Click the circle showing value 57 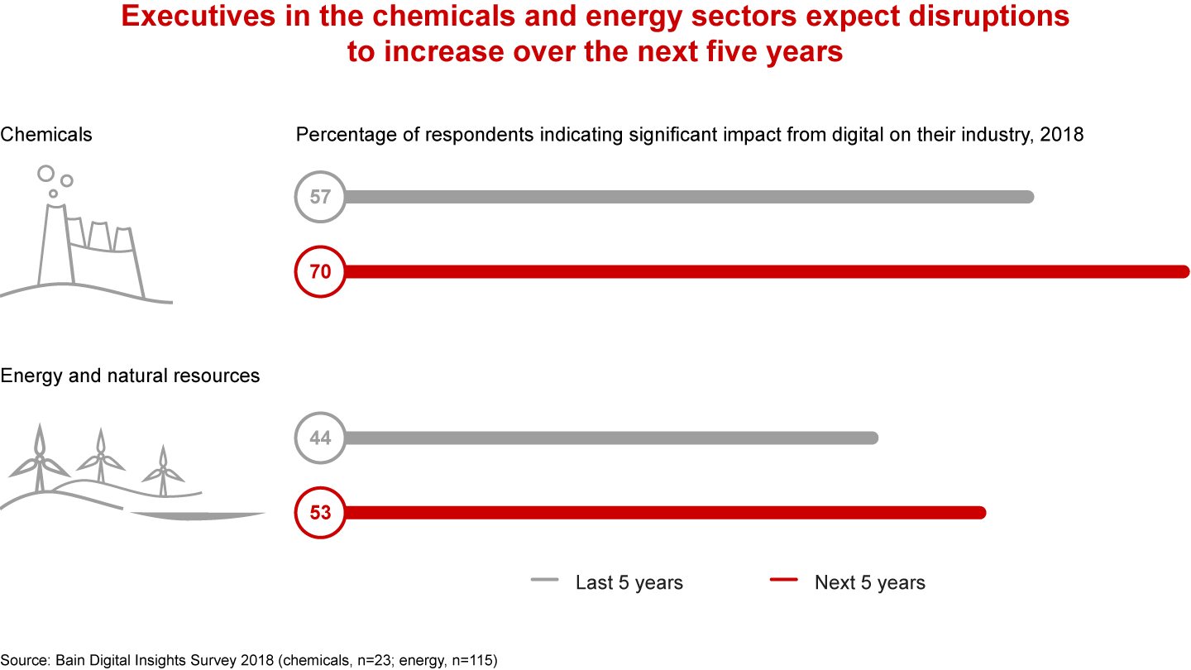coord(320,197)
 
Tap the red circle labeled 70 coord(320,271)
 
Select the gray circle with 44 coord(320,438)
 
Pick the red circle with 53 coord(320,513)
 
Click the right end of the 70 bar coord(1184,271)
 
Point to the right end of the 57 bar coord(1028,197)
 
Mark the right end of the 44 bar coord(872,438)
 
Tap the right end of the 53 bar coord(981,513)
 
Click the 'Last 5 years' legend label coord(629,582)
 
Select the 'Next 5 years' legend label coord(869,582)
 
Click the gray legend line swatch coord(544,581)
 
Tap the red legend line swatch coord(783,581)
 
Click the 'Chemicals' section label coord(46,134)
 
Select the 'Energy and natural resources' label coord(130,376)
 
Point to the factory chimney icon coord(52,244)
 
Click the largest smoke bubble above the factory coord(45,173)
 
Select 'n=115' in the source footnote coord(474,660)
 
